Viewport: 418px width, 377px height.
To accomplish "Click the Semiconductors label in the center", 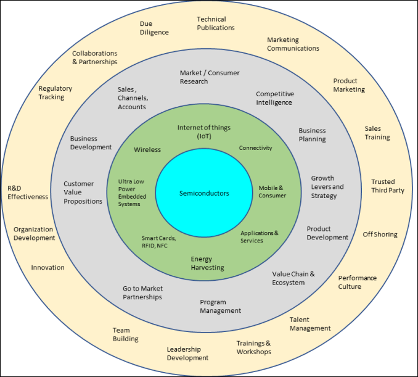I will coord(204,193).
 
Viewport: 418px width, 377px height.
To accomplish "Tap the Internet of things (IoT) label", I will coord(204,131).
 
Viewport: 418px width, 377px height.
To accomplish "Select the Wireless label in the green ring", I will coord(147,149).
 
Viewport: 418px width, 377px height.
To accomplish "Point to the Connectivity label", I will coord(255,148).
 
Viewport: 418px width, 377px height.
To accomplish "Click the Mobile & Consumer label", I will coord(272,192).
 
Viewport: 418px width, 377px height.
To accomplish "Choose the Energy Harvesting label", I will coord(207,263).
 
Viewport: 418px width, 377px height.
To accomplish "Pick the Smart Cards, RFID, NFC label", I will coord(158,241).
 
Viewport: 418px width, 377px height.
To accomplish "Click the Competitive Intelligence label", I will coord(275,98).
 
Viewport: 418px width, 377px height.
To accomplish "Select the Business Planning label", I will coord(312,135).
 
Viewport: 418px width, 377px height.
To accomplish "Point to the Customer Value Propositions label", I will coord(83,193).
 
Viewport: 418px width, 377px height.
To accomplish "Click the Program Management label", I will coord(220,307).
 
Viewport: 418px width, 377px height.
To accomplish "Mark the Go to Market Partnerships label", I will coord(142,292).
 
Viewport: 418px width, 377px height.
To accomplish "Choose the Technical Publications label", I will coord(216,23).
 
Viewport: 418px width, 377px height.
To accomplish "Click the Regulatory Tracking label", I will coord(55,93).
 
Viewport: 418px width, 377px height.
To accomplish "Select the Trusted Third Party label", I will coord(387,186).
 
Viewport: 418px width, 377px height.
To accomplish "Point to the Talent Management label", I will coord(310,324).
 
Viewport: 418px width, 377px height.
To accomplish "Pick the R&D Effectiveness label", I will coord(28,193).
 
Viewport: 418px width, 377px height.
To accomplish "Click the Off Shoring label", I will coord(380,234).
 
